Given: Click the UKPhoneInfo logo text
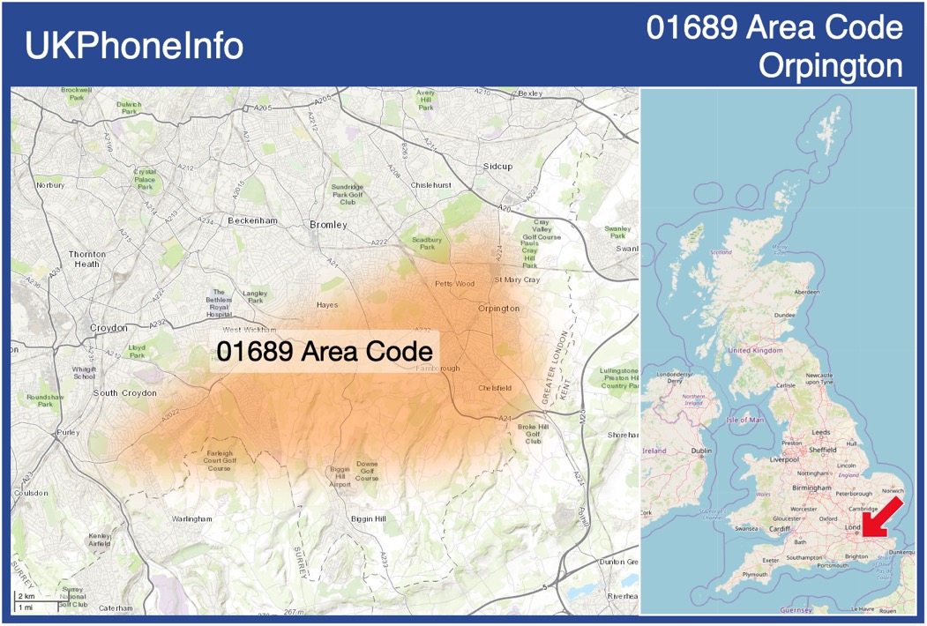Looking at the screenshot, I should pyautogui.click(x=133, y=46).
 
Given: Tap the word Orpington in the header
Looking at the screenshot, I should pyautogui.click(x=830, y=66).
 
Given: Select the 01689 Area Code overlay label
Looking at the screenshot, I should pyautogui.click(x=325, y=350).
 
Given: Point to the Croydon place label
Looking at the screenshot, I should pyautogui.click(x=108, y=328).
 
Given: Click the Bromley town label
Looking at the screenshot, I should pyautogui.click(x=328, y=225).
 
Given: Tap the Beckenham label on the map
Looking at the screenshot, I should pyautogui.click(x=252, y=220).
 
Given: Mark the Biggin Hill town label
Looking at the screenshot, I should pyautogui.click(x=368, y=518).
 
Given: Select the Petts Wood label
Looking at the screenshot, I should pyautogui.click(x=454, y=284).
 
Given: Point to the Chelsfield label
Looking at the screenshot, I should pyautogui.click(x=495, y=388).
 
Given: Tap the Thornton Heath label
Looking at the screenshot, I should pyautogui.click(x=87, y=259).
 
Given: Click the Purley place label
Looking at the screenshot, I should pyautogui.click(x=67, y=432).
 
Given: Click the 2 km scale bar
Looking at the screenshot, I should pyautogui.click(x=26, y=597).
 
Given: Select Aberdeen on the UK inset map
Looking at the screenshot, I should pyautogui.click(x=807, y=292).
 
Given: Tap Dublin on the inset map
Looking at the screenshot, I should pyautogui.click(x=701, y=451).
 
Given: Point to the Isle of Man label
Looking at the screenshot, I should pyautogui.click(x=744, y=420).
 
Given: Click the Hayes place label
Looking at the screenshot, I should pyautogui.click(x=326, y=305).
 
